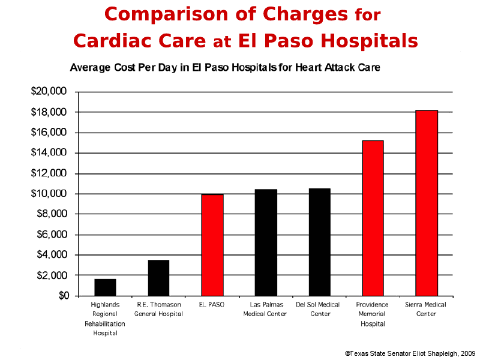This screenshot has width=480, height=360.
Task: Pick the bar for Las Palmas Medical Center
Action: pyautogui.click(x=265, y=242)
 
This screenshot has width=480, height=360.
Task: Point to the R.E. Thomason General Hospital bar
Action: pyautogui.click(x=158, y=278)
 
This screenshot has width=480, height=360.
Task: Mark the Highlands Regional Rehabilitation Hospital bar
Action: pyautogui.click(x=105, y=287)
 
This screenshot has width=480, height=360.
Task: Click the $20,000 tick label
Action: pyautogui.click(x=49, y=92)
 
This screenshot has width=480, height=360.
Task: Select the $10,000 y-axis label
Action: pyautogui.click(x=49, y=194)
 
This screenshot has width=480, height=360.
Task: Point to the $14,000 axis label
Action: pyautogui.click(x=49, y=153)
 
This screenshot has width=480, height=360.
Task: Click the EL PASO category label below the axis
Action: pyautogui.click(x=212, y=305)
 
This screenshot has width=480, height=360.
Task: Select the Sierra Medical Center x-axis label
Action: pyautogui.click(x=426, y=309)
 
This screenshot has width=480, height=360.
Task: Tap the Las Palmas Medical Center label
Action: pyautogui.click(x=265, y=309)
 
